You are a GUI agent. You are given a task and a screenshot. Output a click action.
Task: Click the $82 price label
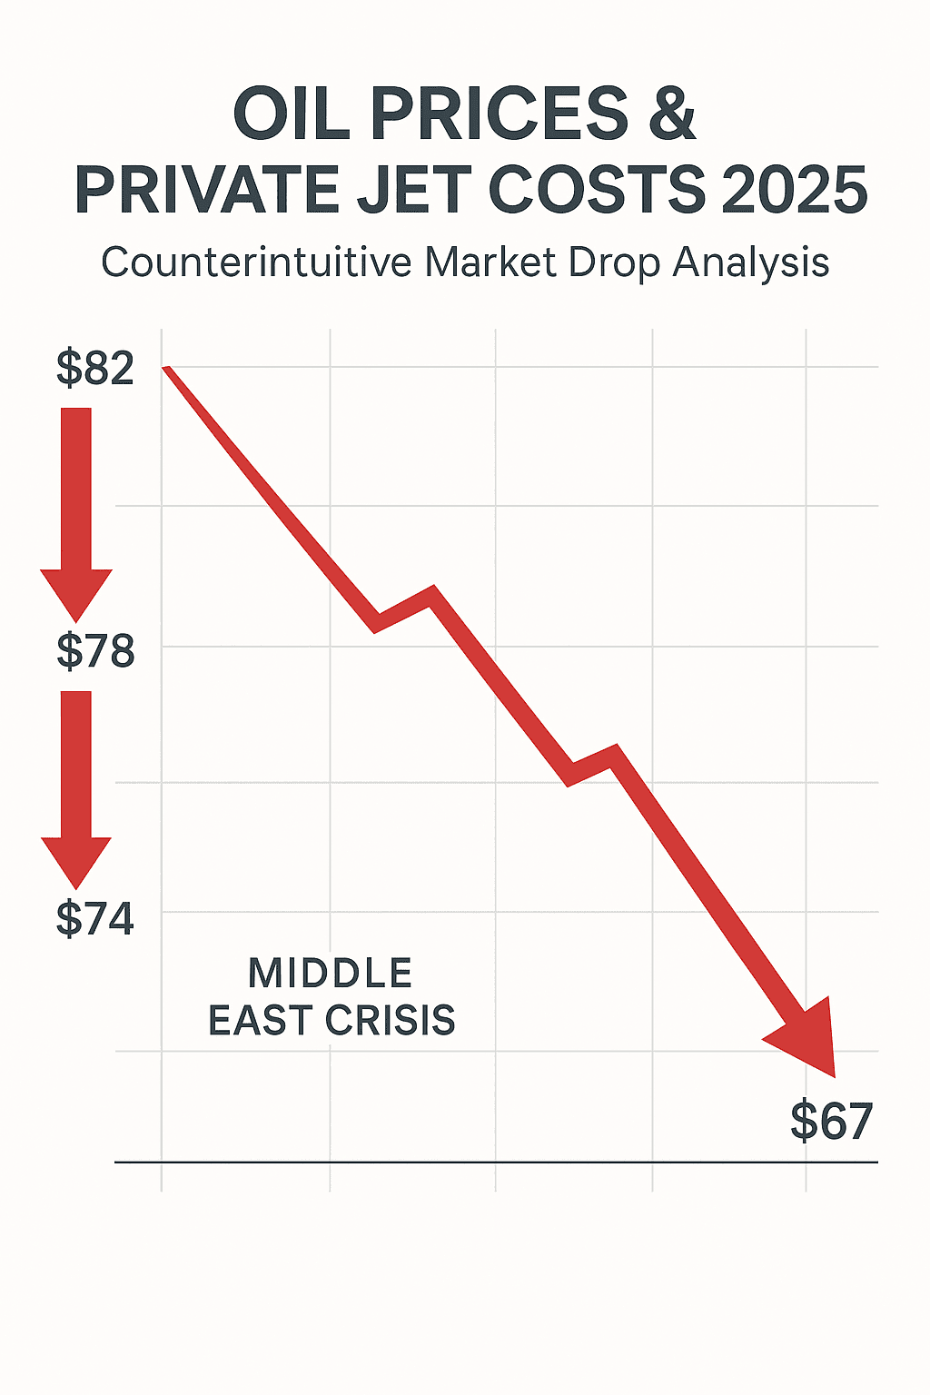point(95,368)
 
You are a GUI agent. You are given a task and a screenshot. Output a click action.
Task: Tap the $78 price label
point(95,651)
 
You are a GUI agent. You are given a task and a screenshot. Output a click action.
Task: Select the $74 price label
point(95,918)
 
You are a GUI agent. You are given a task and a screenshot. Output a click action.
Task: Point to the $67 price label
point(831,1121)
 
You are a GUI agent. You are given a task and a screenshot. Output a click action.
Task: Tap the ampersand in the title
point(671,115)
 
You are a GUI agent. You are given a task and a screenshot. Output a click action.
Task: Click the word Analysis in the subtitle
point(751,262)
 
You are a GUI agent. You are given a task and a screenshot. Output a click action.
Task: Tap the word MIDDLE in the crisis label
point(331,974)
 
